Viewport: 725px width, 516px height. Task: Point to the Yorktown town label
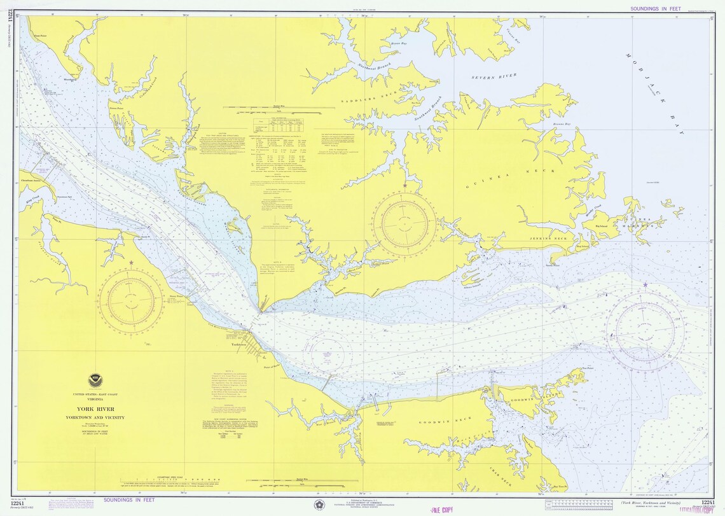click(238, 344)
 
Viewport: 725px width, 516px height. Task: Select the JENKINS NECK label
click(548, 238)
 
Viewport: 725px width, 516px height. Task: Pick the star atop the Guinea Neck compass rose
click(404, 186)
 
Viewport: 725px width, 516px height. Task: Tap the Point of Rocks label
click(272, 366)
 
